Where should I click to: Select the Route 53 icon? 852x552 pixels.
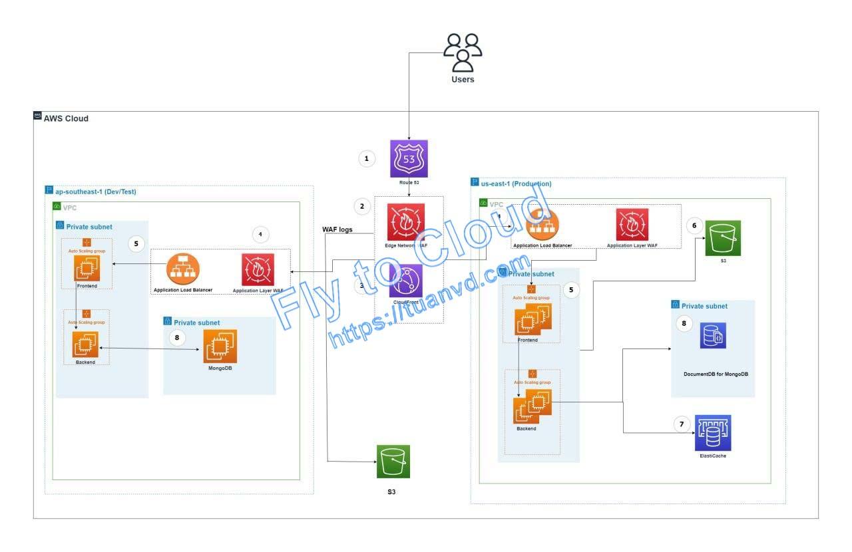tap(409, 159)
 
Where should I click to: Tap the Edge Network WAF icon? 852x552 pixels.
tap(406, 222)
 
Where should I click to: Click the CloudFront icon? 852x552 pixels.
tap(406, 281)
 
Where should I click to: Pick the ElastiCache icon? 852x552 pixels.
tap(713, 433)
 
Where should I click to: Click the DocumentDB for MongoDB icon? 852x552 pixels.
tap(713, 336)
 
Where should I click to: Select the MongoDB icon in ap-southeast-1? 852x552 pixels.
tap(220, 346)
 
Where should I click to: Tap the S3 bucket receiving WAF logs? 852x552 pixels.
tap(393, 462)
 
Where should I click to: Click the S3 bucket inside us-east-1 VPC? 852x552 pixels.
tap(724, 237)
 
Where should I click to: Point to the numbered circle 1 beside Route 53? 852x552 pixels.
tap(366, 158)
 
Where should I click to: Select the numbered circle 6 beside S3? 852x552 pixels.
tap(694, 225)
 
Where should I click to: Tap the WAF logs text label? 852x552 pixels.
tap(337, 229)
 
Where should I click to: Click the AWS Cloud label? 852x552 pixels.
tap(66, 118)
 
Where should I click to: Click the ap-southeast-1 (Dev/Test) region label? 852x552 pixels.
tap(96, 191)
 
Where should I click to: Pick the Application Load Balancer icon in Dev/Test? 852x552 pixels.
tap(183, 269)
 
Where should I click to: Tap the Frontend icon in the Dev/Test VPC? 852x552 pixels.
tap(87, 268)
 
